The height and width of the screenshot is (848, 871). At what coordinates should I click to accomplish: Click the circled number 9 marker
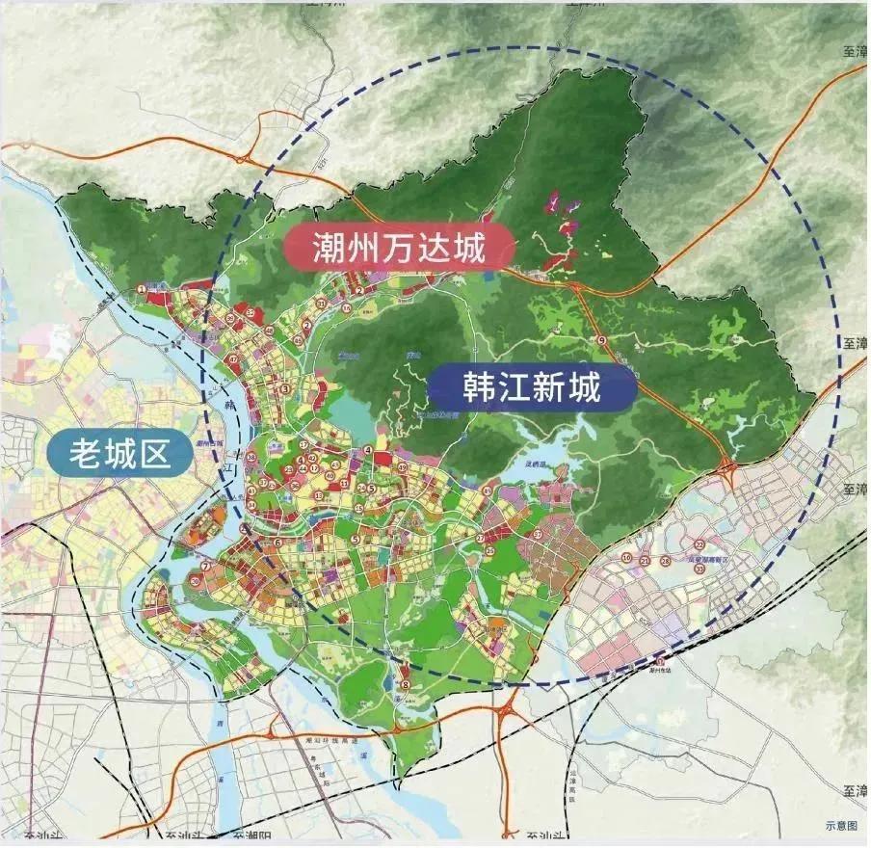[601, 342]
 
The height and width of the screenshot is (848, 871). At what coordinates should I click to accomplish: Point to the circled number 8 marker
[407, 685]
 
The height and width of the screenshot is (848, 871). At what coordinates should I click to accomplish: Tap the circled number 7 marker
[204, 567]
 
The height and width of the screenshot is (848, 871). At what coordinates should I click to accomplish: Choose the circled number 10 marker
[626, 558]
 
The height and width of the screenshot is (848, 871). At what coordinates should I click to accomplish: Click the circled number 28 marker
[666, 560]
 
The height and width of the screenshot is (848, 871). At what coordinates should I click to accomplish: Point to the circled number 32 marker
[250, 314]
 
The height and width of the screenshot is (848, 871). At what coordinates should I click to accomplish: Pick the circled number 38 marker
[251, 457]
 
